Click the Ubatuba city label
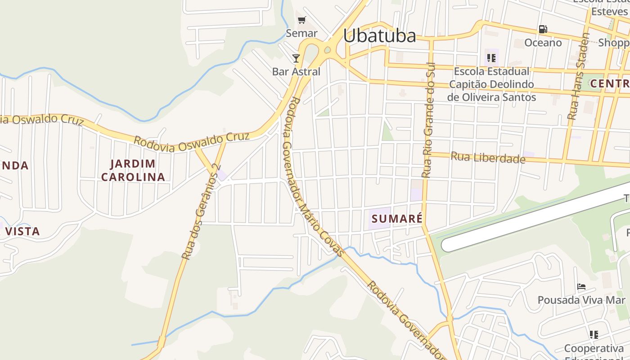pos(379,36)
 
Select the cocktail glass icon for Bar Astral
pos(296,58)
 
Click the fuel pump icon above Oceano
pos(543,29)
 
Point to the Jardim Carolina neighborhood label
pos(133,170)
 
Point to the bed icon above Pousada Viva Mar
pos(581,287)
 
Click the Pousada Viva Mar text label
pos(581,300)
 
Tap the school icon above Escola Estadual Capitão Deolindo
pos(491,58)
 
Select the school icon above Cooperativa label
pos(594,334)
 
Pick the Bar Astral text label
pos(296,72)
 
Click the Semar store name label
pos(302,33)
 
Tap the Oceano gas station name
pos(543,43)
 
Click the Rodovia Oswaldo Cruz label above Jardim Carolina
pos(191,142)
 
